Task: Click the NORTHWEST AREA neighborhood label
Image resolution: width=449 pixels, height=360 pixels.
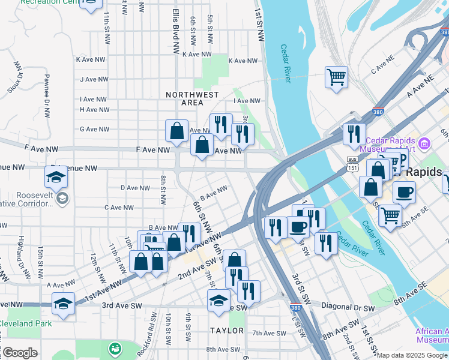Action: (192, 98)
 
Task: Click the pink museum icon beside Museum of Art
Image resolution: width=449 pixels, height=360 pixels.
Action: (424, 143)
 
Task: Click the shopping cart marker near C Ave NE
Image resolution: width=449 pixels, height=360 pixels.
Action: (337, 77)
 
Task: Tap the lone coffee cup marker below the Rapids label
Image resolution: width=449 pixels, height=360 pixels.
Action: (404, 193)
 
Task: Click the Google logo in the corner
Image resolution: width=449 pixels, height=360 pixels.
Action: (19, 353)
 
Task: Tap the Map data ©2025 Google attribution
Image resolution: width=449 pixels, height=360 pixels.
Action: (412, 355)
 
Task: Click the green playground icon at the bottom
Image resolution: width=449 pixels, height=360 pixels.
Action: (113, 348)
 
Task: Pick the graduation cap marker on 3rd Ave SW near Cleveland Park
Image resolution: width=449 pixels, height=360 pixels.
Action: (63, 304)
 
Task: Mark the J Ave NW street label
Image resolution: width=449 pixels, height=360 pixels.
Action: (94, 79)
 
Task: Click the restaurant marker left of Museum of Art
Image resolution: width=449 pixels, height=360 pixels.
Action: (354, 134)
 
